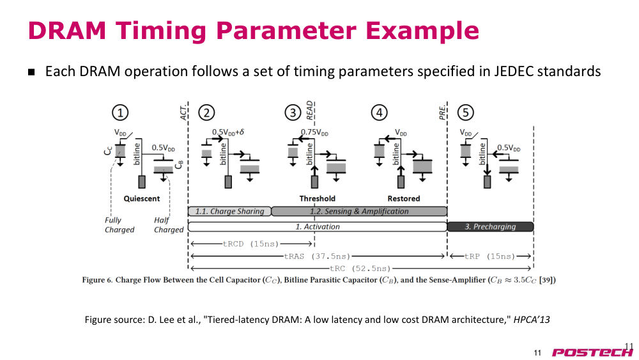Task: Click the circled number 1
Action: click(120, 113)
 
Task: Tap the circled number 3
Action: click(293, 113)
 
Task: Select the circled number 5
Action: click(466, 113)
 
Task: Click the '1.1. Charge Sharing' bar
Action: click(229, 211)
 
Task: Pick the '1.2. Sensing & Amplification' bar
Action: click(359, 211)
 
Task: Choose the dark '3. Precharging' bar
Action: click(490, 227)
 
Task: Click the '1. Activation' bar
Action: click(318, 227)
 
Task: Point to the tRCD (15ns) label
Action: click(250, 244)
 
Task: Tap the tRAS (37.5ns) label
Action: click(317, 256)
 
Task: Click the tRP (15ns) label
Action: click(490, 256)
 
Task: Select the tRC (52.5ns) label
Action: click(360, 269)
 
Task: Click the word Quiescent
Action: click(142, 199)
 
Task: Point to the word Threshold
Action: click(318, 199)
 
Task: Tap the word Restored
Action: click(404, 199)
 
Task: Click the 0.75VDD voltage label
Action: click(314, 132)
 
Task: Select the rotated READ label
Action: click(310, 110)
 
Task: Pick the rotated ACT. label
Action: click(183, 112)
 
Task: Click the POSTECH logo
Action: click(592, 352)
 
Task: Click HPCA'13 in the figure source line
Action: click(532, 319)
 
